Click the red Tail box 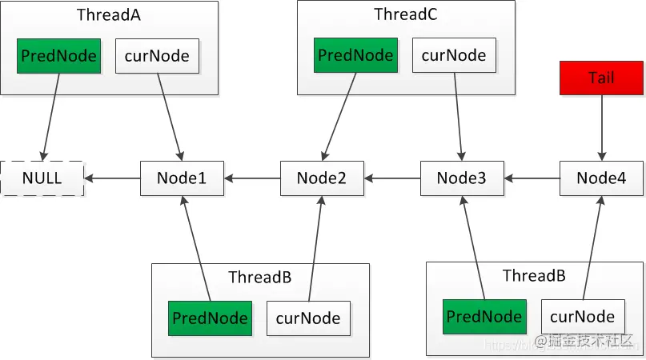click(601, 78)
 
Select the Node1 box click(182, 178)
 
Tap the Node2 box click(322, 178)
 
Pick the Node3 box click(462, 178)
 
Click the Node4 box click(600, 178)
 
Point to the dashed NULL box click(42, 178)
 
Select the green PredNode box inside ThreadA click(59, 56)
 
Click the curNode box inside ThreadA click(158, 56)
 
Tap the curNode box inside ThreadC click(455, 55)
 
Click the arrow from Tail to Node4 click(601, 128)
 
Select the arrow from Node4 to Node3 click(532, 178)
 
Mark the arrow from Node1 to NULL click(112, 178)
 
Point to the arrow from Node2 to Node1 click(251, 178)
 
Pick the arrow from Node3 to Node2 click(392, 178)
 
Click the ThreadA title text click(109, 15)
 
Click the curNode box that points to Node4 click(582, 316)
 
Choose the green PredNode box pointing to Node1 click(210, 318)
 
